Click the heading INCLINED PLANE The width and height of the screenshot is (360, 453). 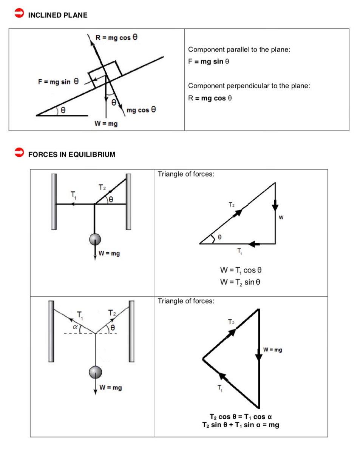tap(58, 15)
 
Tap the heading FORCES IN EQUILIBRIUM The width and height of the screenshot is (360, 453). tap(72, 154)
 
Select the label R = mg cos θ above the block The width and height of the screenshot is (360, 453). tap(116, 37)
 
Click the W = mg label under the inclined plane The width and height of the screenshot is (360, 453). tap(106, 124)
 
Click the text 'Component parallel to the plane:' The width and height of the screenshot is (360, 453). tap(239, 49)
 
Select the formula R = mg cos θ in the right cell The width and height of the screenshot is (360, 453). tap(210, 98)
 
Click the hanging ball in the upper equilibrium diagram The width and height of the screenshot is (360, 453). tap(95, 239)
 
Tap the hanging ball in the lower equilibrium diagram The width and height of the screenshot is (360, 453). tap(95, 371)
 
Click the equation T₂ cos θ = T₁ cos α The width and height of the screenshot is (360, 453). tap(241, 417)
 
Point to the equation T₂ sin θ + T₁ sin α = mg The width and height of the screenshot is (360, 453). tap(241, 425)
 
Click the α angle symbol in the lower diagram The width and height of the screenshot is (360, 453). tap(75, 327)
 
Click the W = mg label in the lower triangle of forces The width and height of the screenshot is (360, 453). tap(273, 350)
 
